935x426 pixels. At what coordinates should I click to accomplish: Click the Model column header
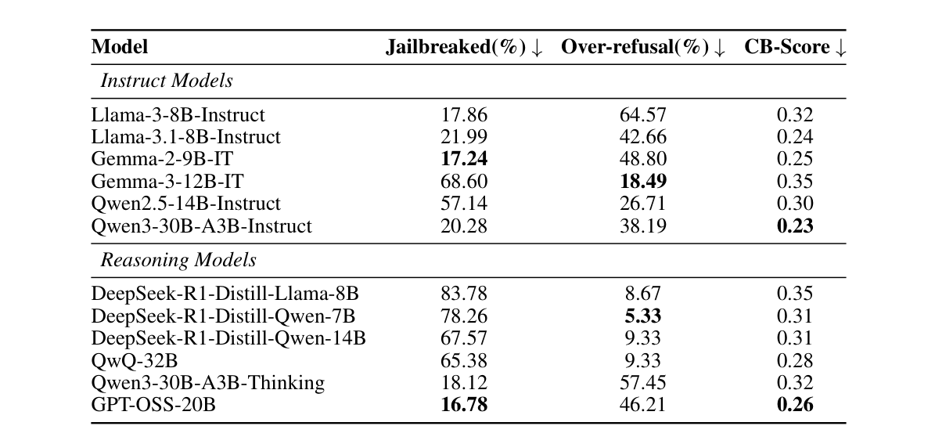(x=120, y=47)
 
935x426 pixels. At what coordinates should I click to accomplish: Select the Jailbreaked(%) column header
(x=464, y=47)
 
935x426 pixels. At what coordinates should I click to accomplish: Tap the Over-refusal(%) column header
(x=643, y=47)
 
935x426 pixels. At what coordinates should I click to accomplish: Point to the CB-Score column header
(x=795, y=47)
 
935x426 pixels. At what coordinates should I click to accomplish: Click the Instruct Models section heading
(x=166, y=81)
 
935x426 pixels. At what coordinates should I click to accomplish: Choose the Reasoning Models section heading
(x=178, y=260)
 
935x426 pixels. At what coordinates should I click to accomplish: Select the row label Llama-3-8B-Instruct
(x=178, y=115)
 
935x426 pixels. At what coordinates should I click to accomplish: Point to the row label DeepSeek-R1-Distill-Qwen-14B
(x=228, y=338)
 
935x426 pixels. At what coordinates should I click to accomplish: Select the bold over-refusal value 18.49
(x=643, y=182)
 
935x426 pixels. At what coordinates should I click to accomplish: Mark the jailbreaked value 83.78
(x=465, y=294)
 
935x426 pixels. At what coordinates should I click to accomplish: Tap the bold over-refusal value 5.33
(x=643, y=316)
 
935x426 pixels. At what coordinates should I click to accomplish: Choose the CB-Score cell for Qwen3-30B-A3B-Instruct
(x=795, y=226)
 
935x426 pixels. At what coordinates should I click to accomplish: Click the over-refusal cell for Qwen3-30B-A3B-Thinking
(x=643, y=383)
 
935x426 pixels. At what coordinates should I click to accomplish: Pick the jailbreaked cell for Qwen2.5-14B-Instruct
(x=465, y=204)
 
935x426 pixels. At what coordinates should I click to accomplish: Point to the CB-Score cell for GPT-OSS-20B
(x=795, y=405)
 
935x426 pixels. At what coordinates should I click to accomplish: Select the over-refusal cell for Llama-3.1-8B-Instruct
(x=643, y=137)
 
